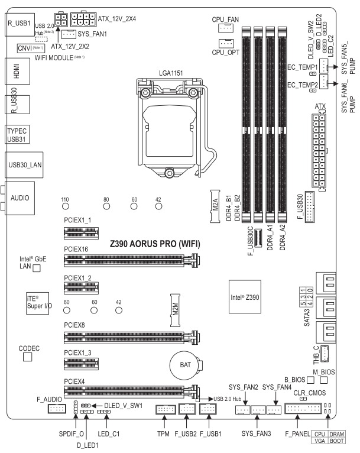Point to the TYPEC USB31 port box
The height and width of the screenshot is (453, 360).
[x=17, y=133]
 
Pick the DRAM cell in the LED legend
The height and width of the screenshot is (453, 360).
[x=336, y=433]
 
